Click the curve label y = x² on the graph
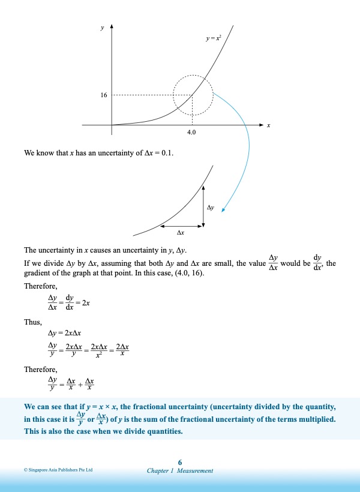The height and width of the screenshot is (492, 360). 214,38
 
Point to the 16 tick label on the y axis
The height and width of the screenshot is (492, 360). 104,95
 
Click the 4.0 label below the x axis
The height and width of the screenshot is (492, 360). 191,132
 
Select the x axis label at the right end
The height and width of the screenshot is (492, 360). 269,125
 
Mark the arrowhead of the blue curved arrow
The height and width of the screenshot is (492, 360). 223,209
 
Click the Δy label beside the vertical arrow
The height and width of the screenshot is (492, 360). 211,206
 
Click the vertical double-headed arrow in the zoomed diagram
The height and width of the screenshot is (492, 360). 203,206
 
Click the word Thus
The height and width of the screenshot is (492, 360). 32,322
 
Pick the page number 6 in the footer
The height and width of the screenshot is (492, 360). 180,461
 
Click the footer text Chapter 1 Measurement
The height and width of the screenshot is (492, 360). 180,471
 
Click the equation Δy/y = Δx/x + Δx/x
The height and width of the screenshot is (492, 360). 72,382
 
